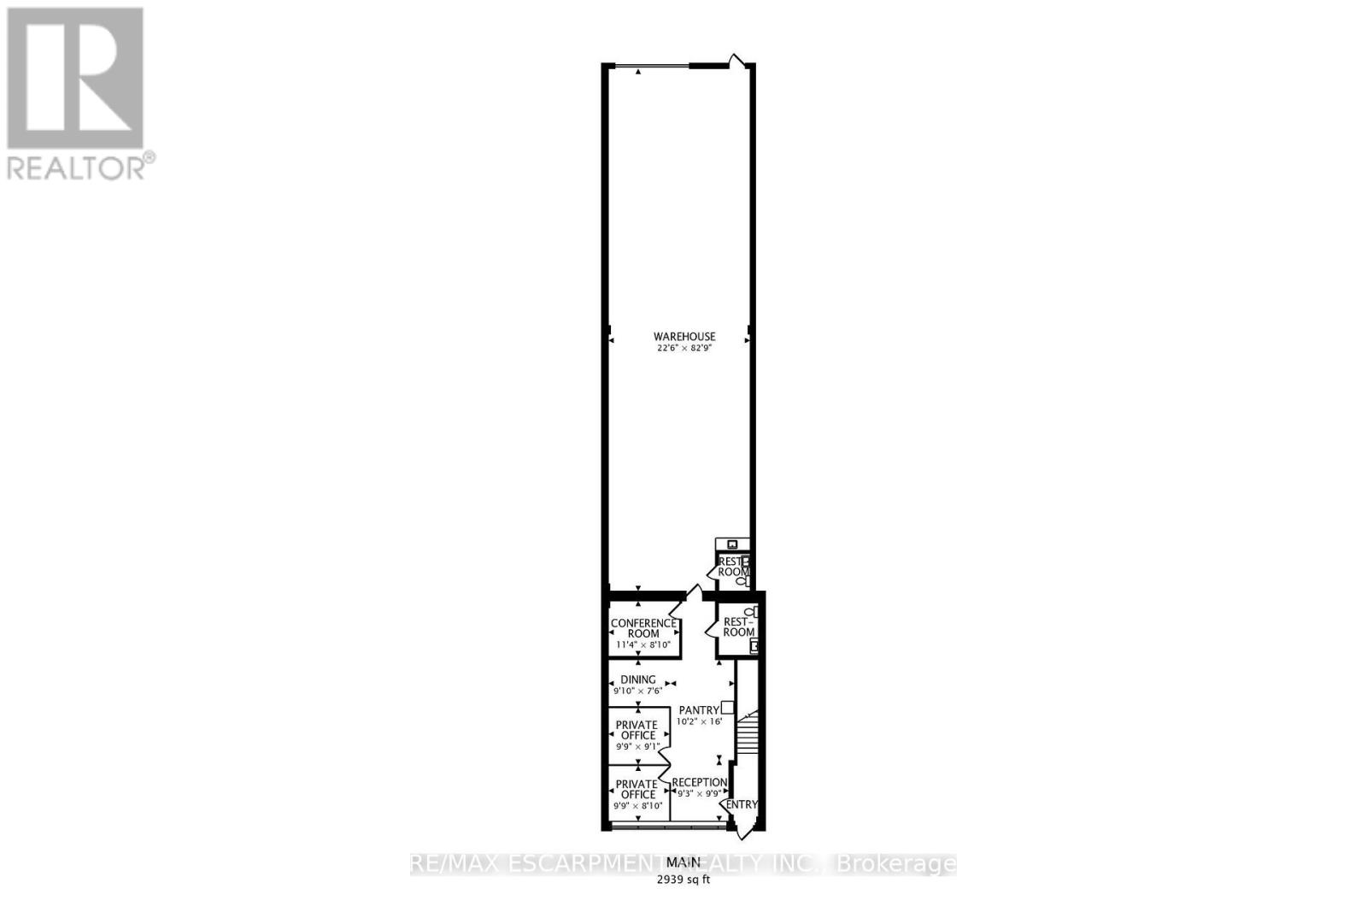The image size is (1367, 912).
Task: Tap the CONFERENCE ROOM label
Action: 643,628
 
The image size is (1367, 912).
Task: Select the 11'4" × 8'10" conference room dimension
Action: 643,645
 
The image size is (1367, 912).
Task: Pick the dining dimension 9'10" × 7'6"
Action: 637,691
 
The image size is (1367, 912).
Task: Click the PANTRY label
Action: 698,710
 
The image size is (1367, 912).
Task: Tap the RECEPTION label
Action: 699,782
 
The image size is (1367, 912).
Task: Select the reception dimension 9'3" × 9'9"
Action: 699,793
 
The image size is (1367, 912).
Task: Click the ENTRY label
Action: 741,804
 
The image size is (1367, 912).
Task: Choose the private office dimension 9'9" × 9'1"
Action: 638,746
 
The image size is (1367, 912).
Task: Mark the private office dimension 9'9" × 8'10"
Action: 638,805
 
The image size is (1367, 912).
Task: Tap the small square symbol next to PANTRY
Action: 727,707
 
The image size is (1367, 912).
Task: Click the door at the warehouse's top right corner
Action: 737,60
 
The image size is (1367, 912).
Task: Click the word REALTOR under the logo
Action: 77,167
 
